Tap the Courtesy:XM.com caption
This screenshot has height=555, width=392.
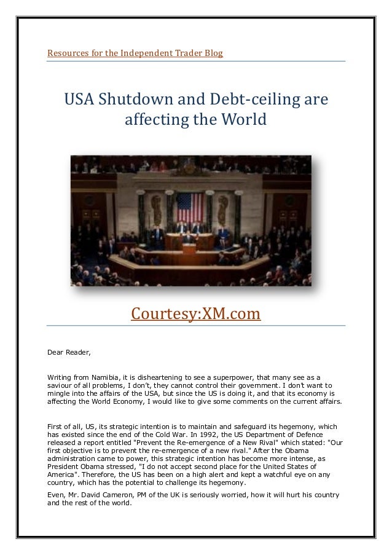pos(196,314)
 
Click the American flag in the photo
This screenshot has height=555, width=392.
pos(189,205)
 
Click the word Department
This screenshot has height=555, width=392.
pos(281,434)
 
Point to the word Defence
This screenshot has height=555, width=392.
pos(327,434)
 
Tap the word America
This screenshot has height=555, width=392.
pos(62,474)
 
